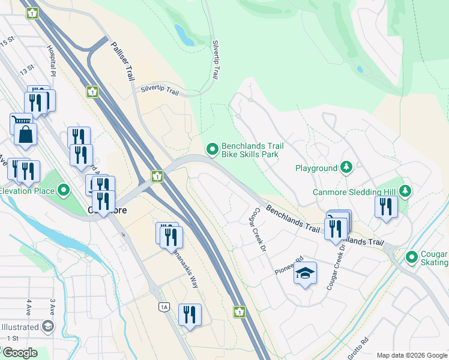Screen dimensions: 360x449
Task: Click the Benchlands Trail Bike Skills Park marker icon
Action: (212, 149)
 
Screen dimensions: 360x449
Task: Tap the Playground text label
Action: (316, 168)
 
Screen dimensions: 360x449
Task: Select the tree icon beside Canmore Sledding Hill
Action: (406, 191)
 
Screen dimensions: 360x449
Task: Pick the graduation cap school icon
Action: (305, 274)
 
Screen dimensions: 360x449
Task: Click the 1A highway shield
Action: (164, 307)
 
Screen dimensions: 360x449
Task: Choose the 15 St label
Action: (7, 42)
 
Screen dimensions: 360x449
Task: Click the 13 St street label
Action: (26, 70)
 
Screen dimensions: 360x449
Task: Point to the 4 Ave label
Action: (28, 308)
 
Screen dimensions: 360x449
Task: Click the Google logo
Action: (19, 353)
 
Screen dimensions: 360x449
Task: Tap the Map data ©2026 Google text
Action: (411, 355)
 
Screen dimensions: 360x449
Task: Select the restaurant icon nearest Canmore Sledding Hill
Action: (386, 206)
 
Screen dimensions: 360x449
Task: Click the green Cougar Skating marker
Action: (411, 257)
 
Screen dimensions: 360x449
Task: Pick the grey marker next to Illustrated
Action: (47, 327)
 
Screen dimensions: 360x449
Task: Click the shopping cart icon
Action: (20, 122)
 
